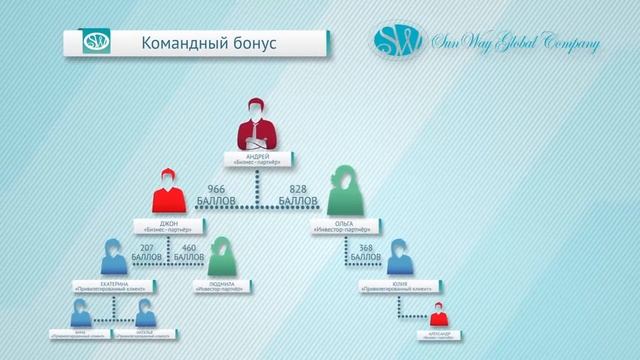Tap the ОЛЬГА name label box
(348, 227)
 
